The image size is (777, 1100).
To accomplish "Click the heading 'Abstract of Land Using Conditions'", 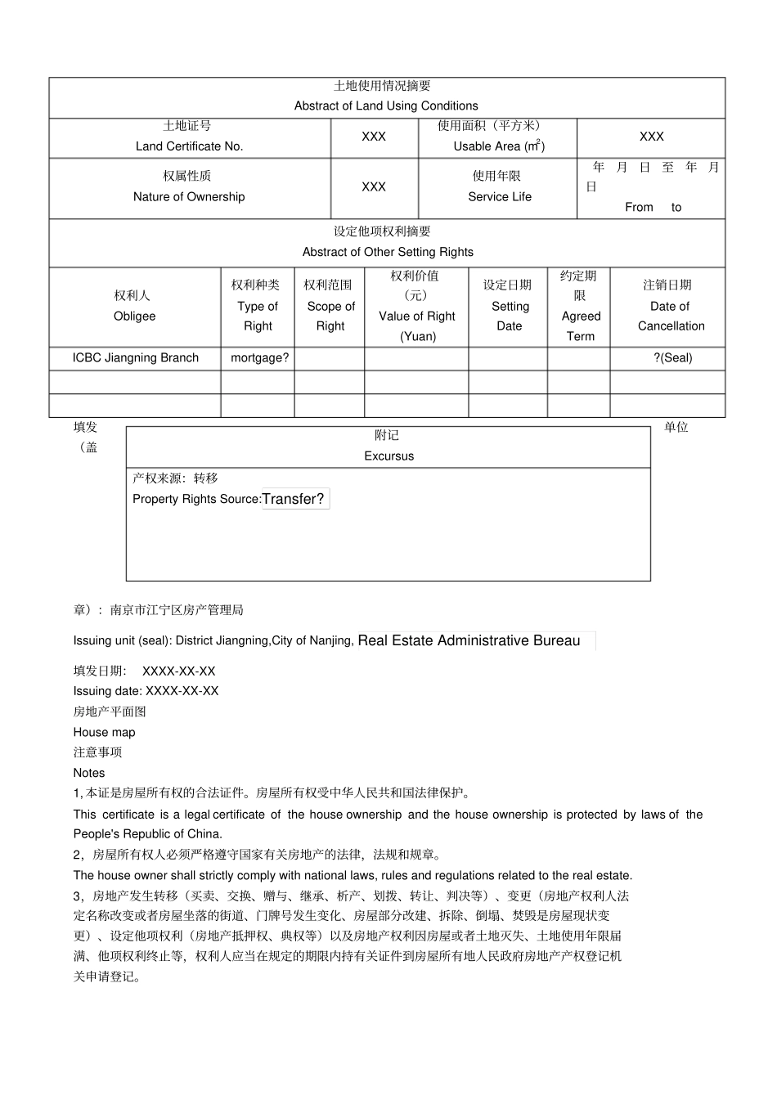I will click(386, 106).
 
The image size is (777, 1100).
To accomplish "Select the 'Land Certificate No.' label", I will click(189, 146).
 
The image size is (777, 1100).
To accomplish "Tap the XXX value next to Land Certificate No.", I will click(374, 137).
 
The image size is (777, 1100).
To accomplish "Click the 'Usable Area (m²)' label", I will click(499, 146).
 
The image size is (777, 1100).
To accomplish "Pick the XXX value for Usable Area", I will click(651, 137).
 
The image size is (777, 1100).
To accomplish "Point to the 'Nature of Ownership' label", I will click(189, 197).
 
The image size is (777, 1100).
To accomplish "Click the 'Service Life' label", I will click(499, 197).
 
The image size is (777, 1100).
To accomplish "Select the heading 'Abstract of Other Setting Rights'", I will click(388, 252).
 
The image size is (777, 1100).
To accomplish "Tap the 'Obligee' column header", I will click(134, 317).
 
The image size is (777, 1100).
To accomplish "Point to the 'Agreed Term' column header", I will click(581, 326).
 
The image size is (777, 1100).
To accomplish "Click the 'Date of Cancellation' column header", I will click(671, 316).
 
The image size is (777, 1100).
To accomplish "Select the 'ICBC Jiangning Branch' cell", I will click(135, 357).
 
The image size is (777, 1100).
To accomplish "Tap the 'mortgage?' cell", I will click(259, 357).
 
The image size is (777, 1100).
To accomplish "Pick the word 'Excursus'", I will click(388, 456).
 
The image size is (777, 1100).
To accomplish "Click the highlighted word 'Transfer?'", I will click(294, 499).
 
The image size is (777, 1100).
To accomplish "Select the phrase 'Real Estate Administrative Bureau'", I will click(469, 641).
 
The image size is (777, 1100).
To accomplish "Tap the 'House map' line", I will click(104, 733).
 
